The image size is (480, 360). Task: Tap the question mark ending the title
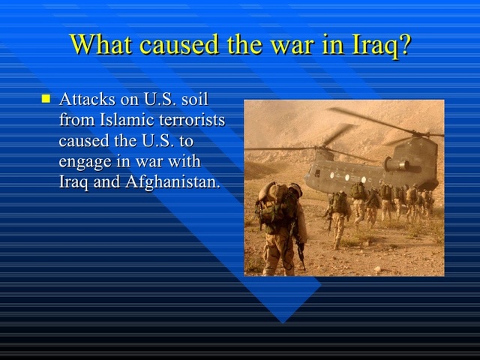[x=403, y=44]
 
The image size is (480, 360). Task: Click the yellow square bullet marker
[x=46, y=98]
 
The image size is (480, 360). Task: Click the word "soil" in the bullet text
[x=193, y=100]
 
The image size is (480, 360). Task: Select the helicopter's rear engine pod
[x=399, y=162]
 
